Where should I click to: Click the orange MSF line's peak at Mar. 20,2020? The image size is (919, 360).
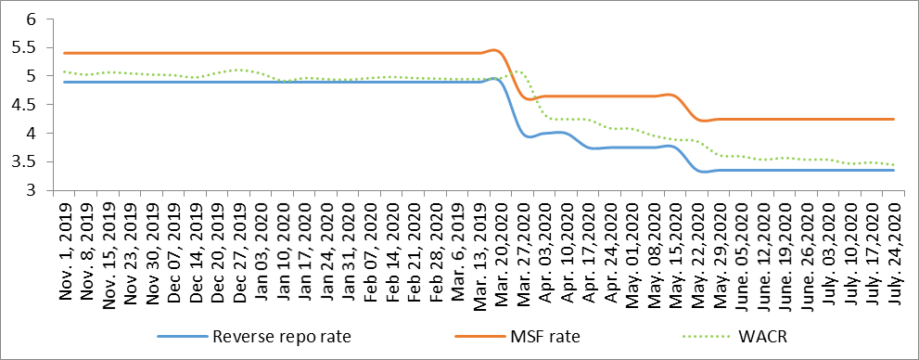(496, 50)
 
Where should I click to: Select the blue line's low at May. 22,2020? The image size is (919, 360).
(704, 172)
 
